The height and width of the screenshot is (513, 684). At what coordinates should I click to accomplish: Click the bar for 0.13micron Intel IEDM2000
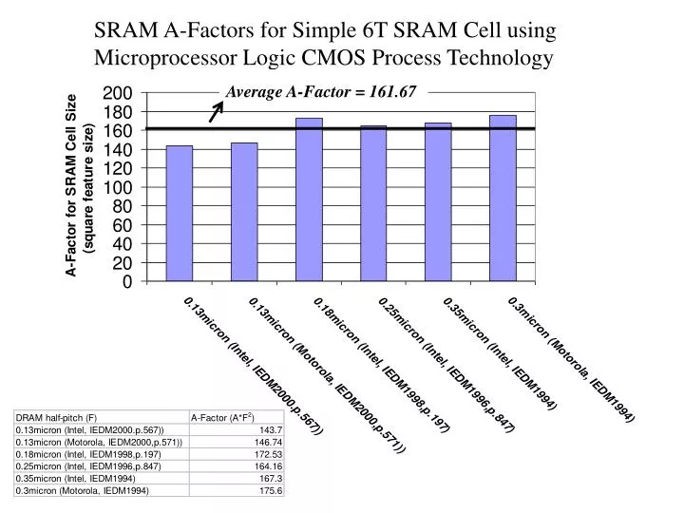click(179, 214)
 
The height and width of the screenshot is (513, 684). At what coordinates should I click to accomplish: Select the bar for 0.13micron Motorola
click(244, 212)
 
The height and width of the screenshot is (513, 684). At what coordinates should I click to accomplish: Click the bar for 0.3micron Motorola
click(503, 199)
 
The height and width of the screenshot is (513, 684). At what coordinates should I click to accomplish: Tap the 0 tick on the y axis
click(126, 281)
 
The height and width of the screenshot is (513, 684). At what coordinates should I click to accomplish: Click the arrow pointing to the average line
click(217, 113)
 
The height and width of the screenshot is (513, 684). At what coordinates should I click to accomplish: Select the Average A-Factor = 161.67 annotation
click(320, 93)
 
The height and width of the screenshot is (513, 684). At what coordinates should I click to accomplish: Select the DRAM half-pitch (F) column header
click(56, 416)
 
